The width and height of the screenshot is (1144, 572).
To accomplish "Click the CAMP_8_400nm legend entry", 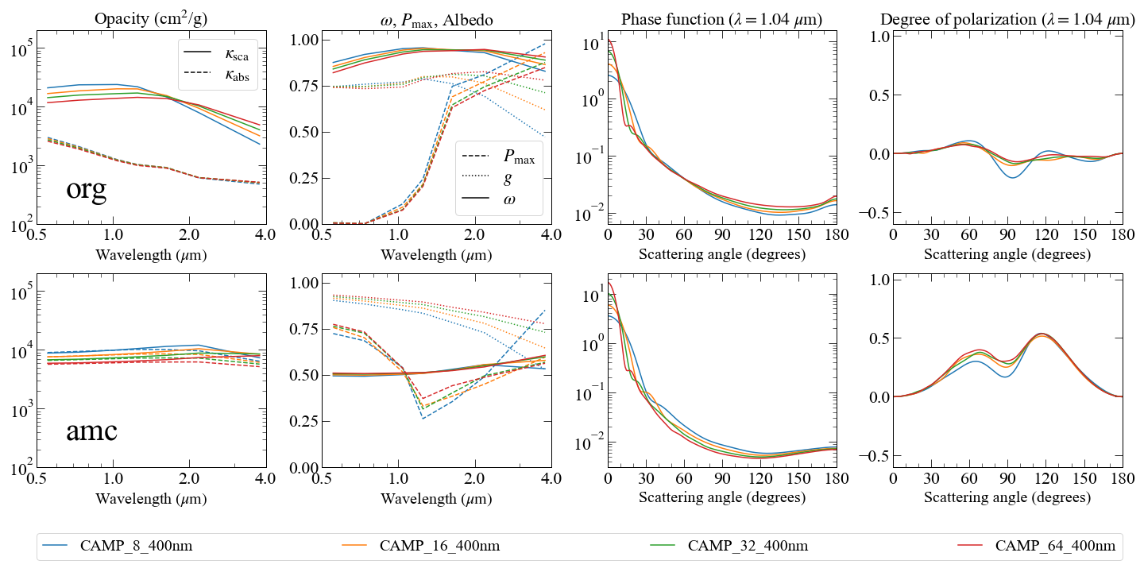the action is click(117, 546).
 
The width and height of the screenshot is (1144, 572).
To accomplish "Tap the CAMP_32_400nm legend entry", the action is click(729, 546).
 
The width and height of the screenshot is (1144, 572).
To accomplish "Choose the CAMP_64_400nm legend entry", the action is click(1036, 546).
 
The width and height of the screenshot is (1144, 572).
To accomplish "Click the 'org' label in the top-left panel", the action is click(87, 189).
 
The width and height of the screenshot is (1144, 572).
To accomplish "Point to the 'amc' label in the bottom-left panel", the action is click(92, 431).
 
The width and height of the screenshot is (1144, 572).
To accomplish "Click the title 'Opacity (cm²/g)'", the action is click(151, 19).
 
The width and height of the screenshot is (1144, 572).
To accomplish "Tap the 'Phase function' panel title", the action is click(721, 19).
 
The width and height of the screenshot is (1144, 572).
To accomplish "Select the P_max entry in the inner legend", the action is click(498, 157).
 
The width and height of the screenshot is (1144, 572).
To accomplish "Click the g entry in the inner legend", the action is click(486, 178).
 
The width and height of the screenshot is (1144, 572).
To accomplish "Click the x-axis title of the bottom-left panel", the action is click(151, 498).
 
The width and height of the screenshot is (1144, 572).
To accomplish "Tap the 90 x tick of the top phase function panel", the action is click(722, 235).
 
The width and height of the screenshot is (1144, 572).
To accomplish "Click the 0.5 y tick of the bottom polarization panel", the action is click(879, 338).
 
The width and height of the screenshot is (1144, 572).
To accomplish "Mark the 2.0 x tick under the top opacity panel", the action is click(189, 235).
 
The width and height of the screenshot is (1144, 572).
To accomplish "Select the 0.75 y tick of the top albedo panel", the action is click(303, 86).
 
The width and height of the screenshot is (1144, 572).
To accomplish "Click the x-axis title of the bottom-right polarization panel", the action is click(1007, 497).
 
